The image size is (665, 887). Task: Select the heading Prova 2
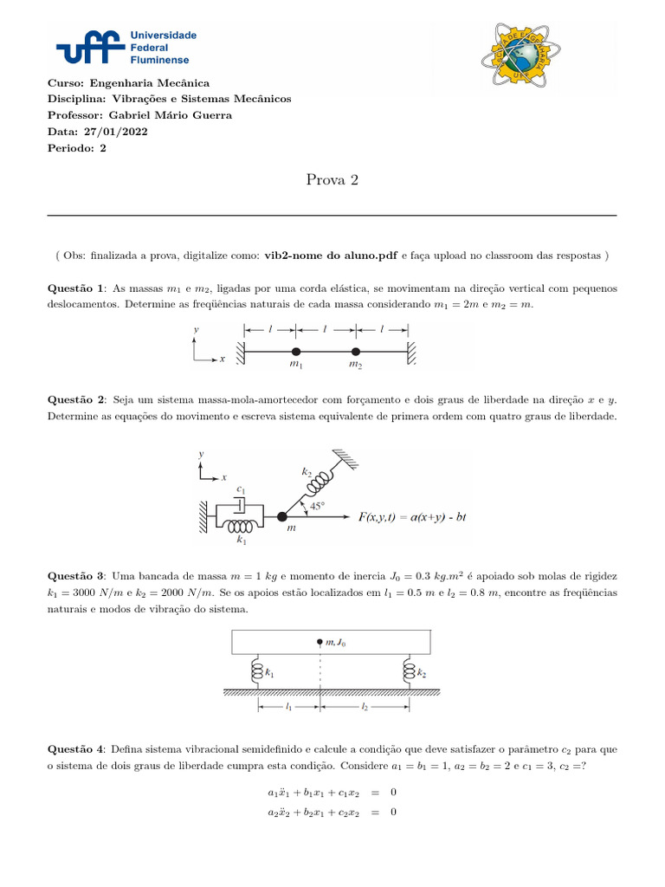tap(332, 180)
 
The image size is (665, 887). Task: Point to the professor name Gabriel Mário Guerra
tap(170, 115)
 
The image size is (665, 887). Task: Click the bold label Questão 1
tap(76, 288)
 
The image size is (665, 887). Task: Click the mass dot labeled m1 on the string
tap(296, 352)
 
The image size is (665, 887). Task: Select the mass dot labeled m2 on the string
tap(356, 352)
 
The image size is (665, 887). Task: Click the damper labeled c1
tap(242, 503)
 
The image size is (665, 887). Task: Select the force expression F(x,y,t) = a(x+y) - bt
tap(412, 517)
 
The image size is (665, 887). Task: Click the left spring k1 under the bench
tap(255, 671)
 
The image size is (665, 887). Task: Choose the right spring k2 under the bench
tap(408, 671)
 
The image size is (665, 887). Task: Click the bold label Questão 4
tap(76, 748)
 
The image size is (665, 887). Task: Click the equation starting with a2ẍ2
tap(332, 812)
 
